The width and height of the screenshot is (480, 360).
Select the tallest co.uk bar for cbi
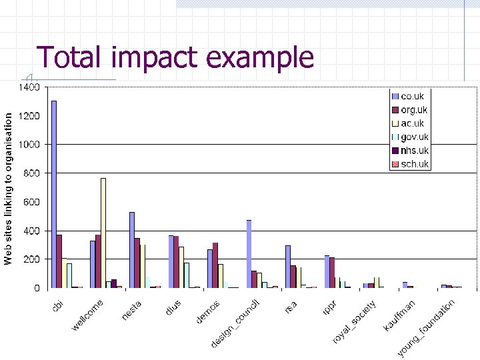click(x=54, y=194)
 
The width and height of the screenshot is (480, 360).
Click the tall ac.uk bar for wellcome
click(x=103, y=233)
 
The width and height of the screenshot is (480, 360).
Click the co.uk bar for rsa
click(x=288, y=267)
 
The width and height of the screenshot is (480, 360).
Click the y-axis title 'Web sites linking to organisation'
click(x=8, y=187)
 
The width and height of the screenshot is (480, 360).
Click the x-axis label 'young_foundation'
click(x=427, y=327)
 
